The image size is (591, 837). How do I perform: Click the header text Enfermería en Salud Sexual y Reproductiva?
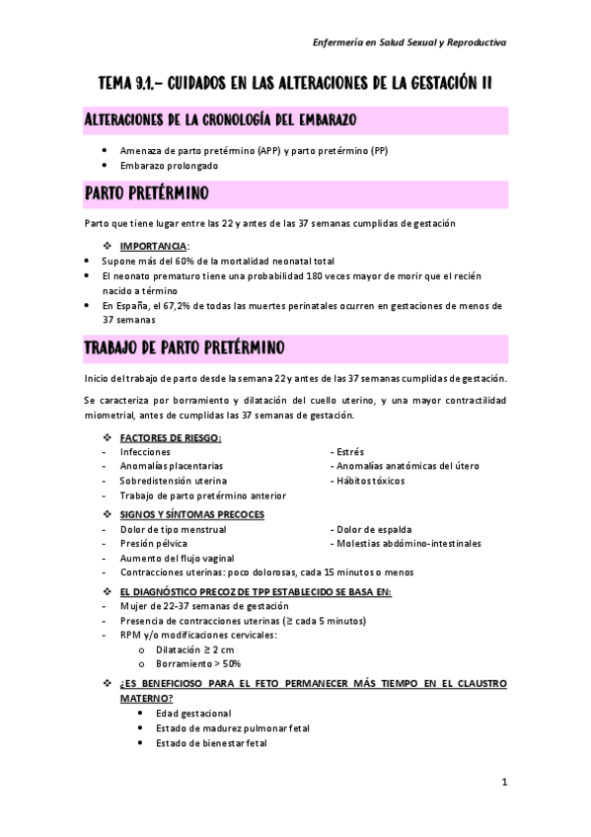[409, 43]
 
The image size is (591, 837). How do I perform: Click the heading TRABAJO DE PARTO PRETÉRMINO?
[185, 348]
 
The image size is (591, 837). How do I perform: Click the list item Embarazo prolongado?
[170, 166]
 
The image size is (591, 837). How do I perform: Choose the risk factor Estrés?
[350, 451]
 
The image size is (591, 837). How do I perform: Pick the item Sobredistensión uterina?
[173, 481]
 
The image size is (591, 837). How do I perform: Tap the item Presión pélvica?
[153, 543]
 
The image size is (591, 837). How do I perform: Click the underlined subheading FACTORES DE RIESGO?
[170, 437]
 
